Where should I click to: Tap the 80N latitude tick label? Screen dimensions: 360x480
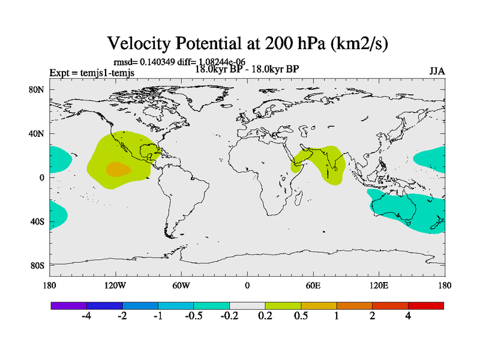(37, 90)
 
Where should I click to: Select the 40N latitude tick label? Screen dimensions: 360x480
(37, 134)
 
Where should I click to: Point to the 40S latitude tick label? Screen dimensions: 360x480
(37, 221)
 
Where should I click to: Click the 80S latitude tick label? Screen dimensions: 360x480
(37, 265)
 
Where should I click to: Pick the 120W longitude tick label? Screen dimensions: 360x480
(115, 285)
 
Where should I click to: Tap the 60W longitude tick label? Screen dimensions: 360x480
(181, 285)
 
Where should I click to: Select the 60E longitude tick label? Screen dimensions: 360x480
(313, 285)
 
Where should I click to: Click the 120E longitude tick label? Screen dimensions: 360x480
(379, 285)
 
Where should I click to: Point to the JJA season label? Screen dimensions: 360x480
(437, 71)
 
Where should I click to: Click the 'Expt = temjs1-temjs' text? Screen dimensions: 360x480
(92, 73)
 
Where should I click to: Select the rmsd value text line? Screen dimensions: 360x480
(179, 61)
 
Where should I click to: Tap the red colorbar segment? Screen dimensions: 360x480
(426, 305)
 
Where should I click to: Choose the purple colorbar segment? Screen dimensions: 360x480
(68, 305)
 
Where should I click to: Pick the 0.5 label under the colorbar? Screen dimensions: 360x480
(301, 316)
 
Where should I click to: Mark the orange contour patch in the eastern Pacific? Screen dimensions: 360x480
(118, 169)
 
